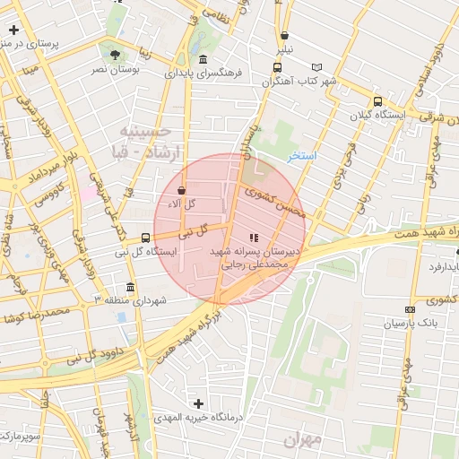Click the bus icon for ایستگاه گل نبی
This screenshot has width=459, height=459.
(x=145, y=238)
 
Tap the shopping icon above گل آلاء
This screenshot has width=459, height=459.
(x=183, y=190)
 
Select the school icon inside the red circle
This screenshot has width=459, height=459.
(x=253, y=238)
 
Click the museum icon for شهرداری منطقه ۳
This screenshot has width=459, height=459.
(x=131, y=287)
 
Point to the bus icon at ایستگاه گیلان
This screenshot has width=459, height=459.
(x=377, y=102)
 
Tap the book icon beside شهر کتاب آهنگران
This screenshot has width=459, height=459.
(x=316, y=67)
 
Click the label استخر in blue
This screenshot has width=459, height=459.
(x=302, y=155)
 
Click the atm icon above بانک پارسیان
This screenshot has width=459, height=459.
(x=411, y=309)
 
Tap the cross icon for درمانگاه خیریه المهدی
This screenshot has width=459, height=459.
(x=199, y=404)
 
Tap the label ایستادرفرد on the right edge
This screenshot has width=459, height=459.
(x=439, y=266)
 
